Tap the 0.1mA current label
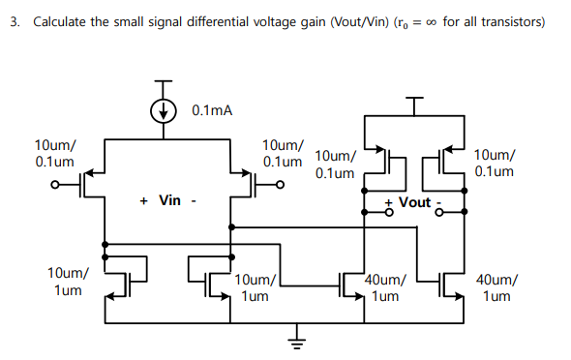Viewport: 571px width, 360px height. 212,110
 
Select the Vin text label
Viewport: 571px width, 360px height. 169,200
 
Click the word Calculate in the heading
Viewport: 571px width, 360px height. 61,21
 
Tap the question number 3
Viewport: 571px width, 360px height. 15,21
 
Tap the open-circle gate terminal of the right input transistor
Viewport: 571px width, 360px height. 281,181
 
